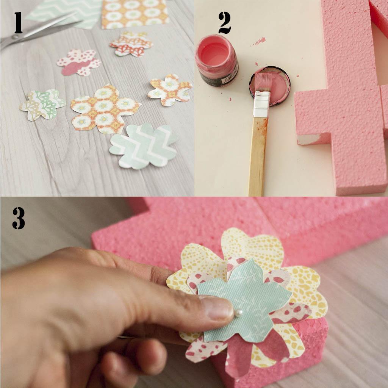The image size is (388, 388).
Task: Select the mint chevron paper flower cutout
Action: pos(143,146)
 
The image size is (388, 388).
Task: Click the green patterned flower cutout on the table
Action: pos(42,105)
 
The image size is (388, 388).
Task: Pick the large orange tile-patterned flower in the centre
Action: pos(104,108)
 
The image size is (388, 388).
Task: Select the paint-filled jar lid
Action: pos(270,85)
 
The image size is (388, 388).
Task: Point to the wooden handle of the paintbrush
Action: pos(258,155)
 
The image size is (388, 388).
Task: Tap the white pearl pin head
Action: pos(239,313)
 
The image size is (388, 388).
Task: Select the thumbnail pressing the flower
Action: pos(216,308)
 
